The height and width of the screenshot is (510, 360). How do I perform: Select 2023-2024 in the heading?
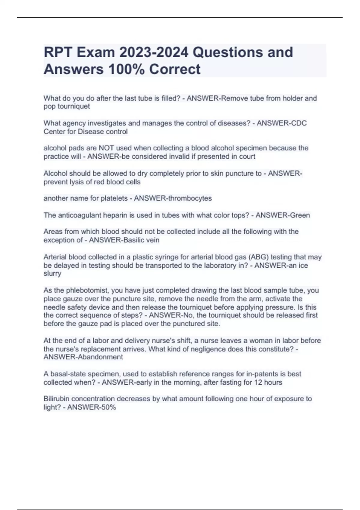[x=154, y=52]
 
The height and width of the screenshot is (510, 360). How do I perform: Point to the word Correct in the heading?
[x=175, y=69]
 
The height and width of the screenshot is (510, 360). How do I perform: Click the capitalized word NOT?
[x=106, y=148]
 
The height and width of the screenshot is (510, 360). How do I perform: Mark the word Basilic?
[x=133, y=240]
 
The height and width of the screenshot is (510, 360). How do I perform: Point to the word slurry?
[x=52, y=274]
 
